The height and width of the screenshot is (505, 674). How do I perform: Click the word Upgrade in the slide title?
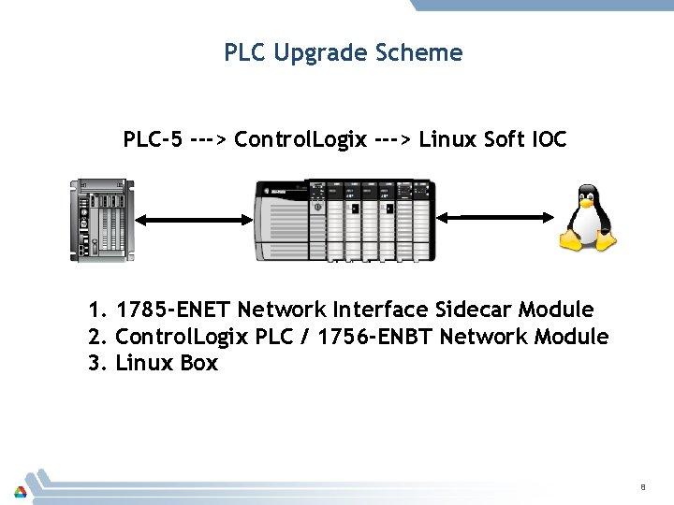pyautogui.click(x=311, y=53)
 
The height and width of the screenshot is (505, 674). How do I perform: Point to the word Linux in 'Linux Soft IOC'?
pyautogui.click(x=444, y=140)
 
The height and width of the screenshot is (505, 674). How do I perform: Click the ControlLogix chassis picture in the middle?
pyautogui.click(x=345, y=220)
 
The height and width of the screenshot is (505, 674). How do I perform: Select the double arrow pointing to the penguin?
pyautogui.click(x=496, y=218)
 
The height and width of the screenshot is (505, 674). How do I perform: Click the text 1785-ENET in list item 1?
pyautogui.click(x=174, y=310)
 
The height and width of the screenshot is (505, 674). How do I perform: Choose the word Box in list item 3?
pyautogui.click(x=198, y=364)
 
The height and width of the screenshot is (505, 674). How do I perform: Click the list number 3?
pyautogui.click(x=95, y=364)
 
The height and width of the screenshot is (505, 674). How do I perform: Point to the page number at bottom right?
pyautogui.click(x=643, y=486)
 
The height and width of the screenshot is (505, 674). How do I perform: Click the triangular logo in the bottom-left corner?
pyautogui.click(x=20, y=492)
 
